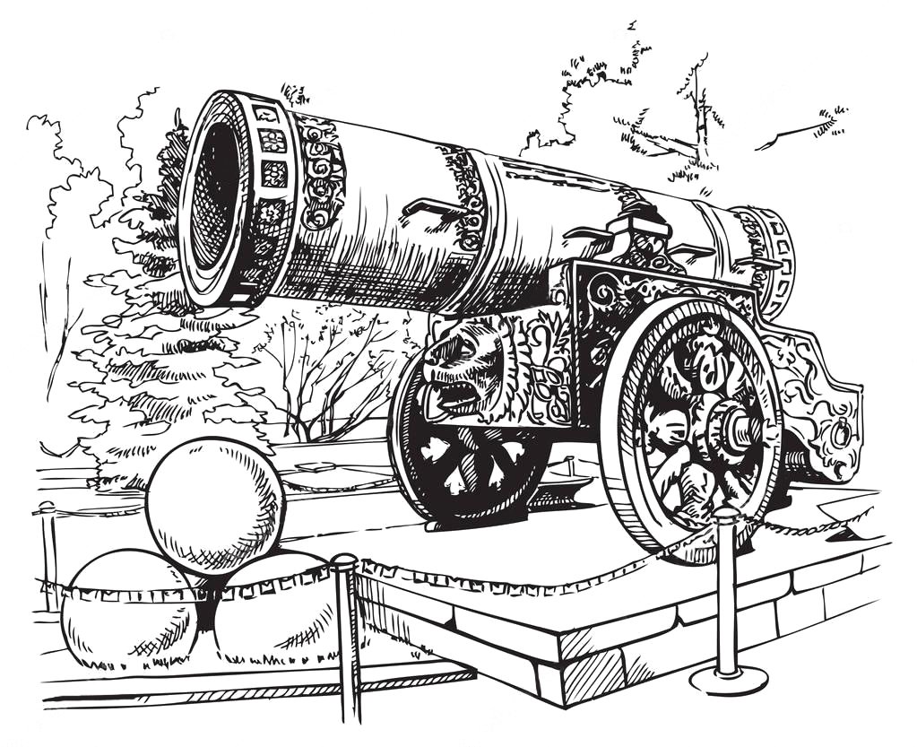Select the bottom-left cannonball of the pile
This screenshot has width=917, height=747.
125,610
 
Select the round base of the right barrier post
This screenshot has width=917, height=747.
728,678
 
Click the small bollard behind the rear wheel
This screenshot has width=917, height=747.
570,466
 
